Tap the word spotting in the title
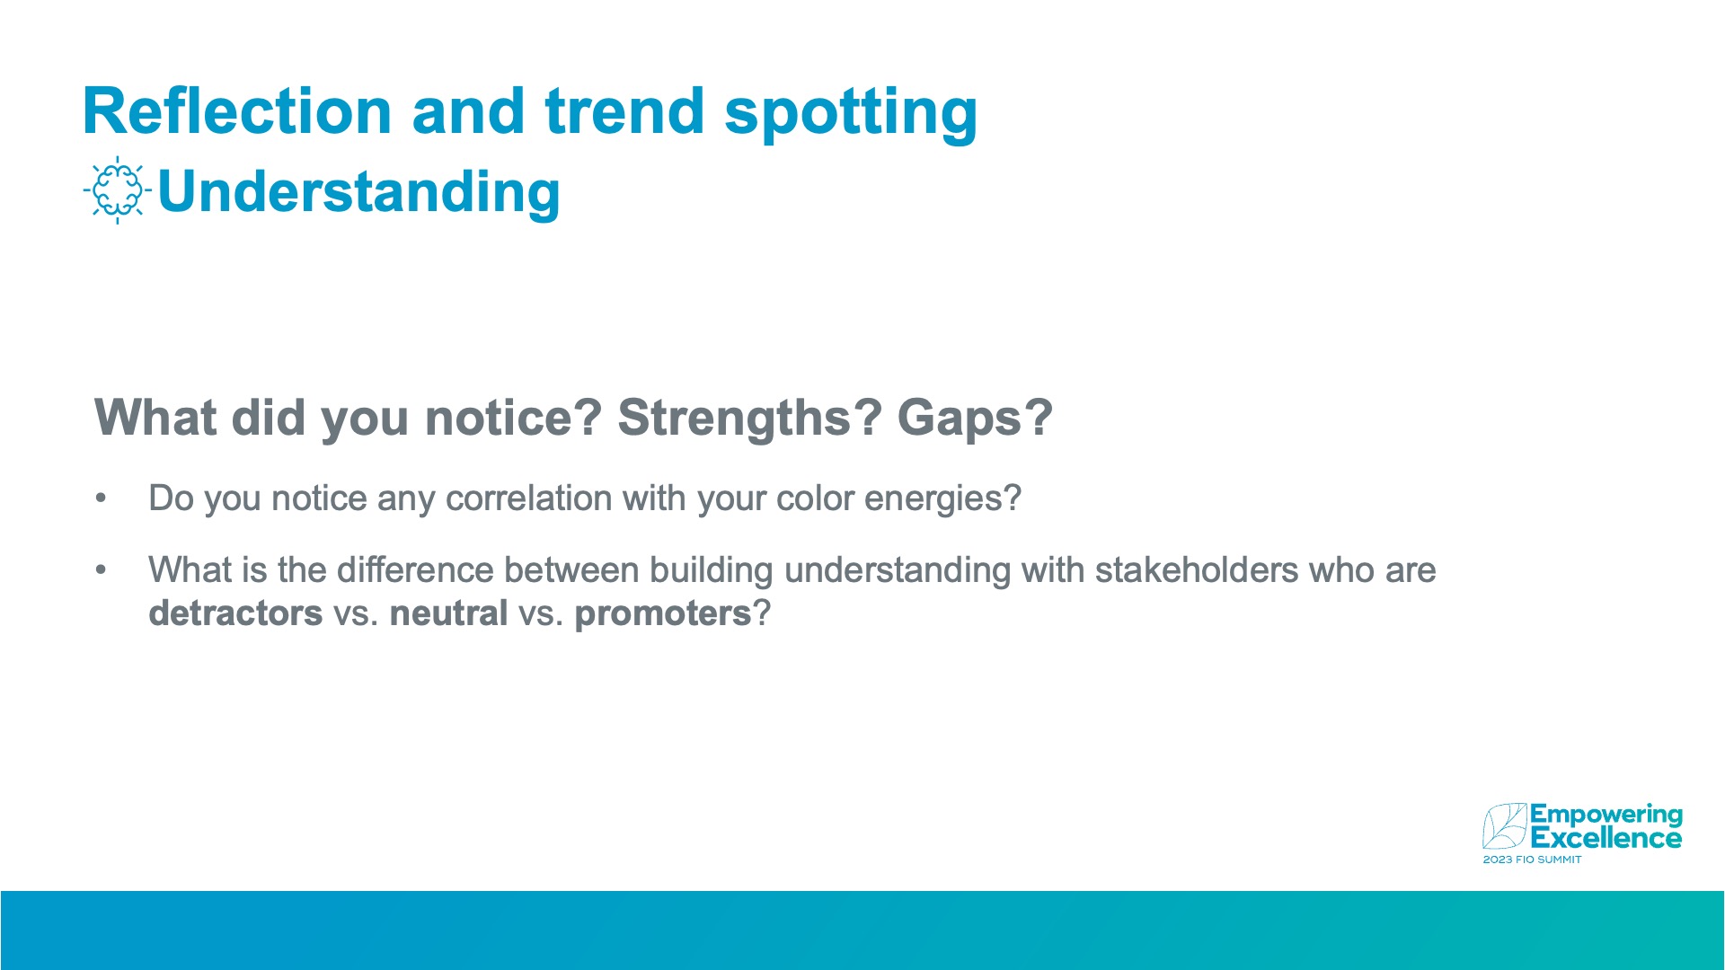850,114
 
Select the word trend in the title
624,111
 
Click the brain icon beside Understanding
117,190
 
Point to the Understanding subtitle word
358,192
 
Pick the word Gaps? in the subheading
975,419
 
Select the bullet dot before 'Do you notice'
101,498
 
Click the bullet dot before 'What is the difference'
101,570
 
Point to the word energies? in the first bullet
942,499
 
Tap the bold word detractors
235,613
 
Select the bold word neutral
448,613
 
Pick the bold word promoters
662,614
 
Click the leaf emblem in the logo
1505,826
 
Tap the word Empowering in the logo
1606,816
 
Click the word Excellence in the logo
1606,839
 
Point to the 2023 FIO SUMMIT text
1532,860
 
